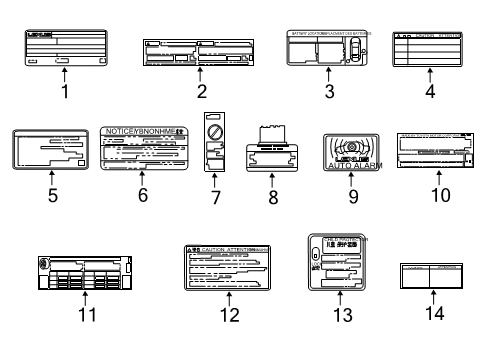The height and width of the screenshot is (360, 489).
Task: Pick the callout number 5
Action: pyautogui.click(x=51, y=194)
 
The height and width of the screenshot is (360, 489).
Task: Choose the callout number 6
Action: pyautogui.click(x=143, y=194)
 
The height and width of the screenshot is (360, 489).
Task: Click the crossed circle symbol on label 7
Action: pyautogui.click(x=212, y=132)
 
